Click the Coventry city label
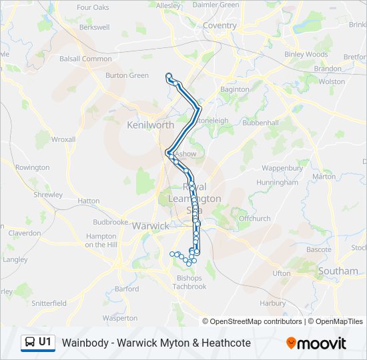click(x=220, y=26)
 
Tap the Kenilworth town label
click(x=150, y=125)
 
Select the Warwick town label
click(x=150, y=226)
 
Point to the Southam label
click(x=338, y=271)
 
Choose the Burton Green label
click(x=127, y=75)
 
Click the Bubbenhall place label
click(x=260, y=123)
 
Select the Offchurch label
click(x=254, y=218)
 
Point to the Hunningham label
click(x=277, y=182)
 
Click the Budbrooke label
click(x=110, y=222)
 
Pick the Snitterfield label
click(x=49, y=303)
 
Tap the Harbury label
click(x=272, y=303)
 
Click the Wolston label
click(x=332, y=81)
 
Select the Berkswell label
click(x=94, y=28)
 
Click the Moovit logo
click(x=316, y=343)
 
